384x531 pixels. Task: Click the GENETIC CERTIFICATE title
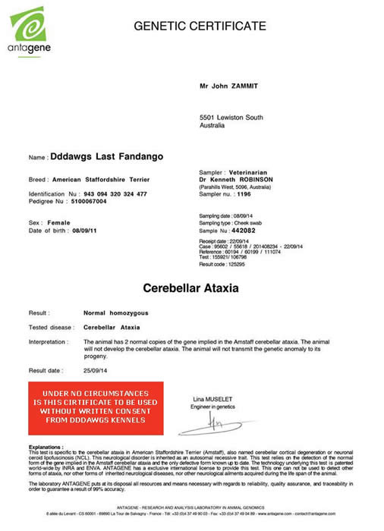point(200,26)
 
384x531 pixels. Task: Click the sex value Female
point(59,222)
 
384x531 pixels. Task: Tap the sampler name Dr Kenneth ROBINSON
point(230,179)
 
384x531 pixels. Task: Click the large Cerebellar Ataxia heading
point(191,289)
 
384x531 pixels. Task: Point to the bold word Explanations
point(46,448)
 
